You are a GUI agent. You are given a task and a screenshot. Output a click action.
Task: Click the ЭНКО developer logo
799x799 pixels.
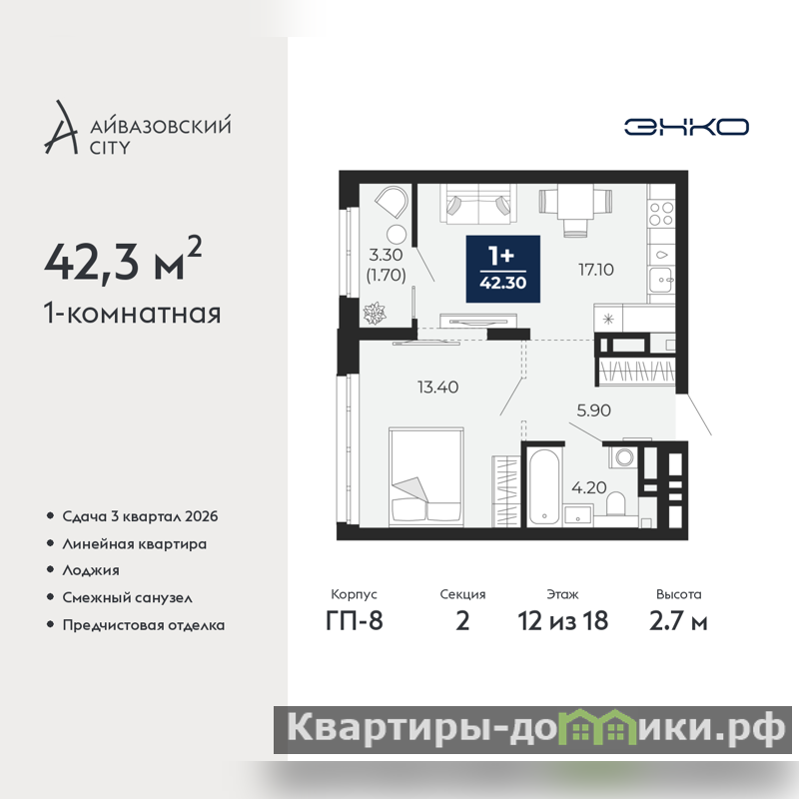[686, 127]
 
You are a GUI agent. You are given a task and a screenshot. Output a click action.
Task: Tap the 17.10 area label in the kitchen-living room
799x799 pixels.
[595, 269]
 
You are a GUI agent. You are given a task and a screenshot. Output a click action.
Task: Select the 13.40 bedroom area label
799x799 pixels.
[437, 387]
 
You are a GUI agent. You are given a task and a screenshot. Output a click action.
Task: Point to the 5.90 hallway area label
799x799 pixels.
[593, 410]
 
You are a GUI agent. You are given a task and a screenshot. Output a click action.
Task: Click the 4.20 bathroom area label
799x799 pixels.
[589, 487]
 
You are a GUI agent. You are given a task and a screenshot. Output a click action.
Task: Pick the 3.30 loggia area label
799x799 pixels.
[386, 255]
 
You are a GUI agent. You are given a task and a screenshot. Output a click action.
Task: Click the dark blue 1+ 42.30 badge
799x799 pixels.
[503, 269]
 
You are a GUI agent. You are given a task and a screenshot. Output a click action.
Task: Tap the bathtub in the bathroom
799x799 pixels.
[544, 486]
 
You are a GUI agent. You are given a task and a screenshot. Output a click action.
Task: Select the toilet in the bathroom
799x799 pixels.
[615, 503]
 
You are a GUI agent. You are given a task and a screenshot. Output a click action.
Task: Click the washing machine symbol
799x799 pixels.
[623, 456]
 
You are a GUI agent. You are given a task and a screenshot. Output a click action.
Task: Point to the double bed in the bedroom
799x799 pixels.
[426, 477]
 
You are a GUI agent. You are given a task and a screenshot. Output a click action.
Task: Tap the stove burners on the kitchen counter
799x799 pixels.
[661, 214]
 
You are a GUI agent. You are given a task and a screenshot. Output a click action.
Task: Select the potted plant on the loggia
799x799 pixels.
[375, 313]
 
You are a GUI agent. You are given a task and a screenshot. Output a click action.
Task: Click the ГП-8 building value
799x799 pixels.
[355, 620]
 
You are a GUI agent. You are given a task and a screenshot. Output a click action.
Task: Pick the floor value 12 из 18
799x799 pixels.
[563, 620]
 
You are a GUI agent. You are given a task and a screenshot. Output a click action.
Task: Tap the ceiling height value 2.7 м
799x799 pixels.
[678, 620]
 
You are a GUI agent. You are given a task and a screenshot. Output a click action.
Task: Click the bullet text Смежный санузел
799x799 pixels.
[128, 597]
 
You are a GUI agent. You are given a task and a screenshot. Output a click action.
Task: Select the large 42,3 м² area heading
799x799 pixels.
[123, 261]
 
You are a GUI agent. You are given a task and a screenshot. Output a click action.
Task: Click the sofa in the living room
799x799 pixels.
[478, 204]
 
